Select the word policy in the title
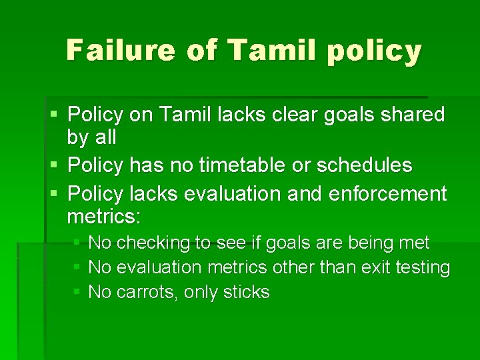(377, 51)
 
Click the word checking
(153, 243)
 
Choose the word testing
(424, 267)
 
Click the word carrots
(147, 292)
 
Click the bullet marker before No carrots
(77, 292)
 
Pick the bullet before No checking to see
(77, 243)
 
